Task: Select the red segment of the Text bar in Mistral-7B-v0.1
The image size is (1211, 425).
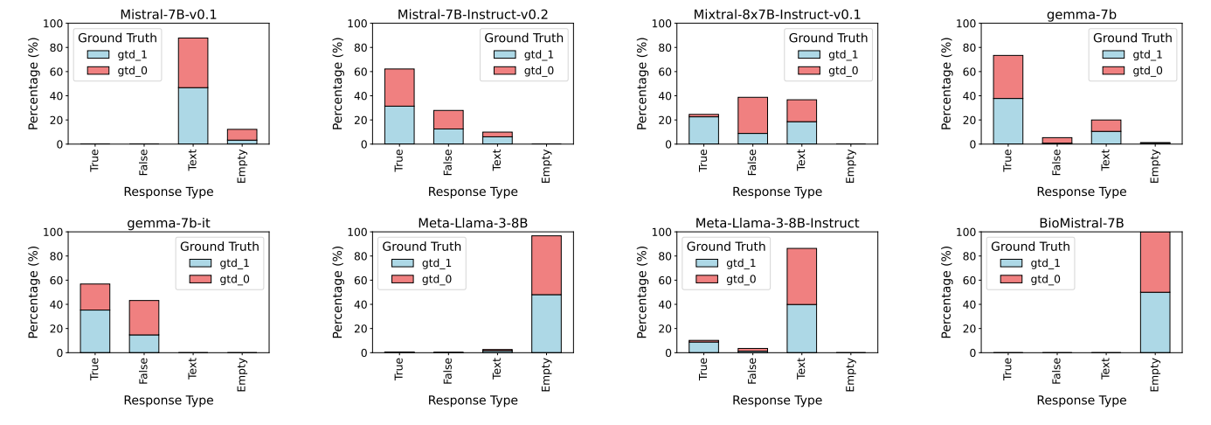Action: click(193, 62)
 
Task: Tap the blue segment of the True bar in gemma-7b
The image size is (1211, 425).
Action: click(1007, 121)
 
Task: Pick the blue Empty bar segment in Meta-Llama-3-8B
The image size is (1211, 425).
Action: click(546, 323)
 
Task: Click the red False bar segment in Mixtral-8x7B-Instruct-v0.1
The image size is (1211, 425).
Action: click(752, 115)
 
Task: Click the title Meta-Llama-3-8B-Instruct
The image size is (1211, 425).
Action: click(777, 223)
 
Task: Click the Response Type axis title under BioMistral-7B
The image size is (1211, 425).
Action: click(1081, 401)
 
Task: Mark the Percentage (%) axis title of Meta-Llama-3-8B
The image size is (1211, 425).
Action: click(337, 292)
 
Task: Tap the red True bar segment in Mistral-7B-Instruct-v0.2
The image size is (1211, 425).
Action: click(399, 87)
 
